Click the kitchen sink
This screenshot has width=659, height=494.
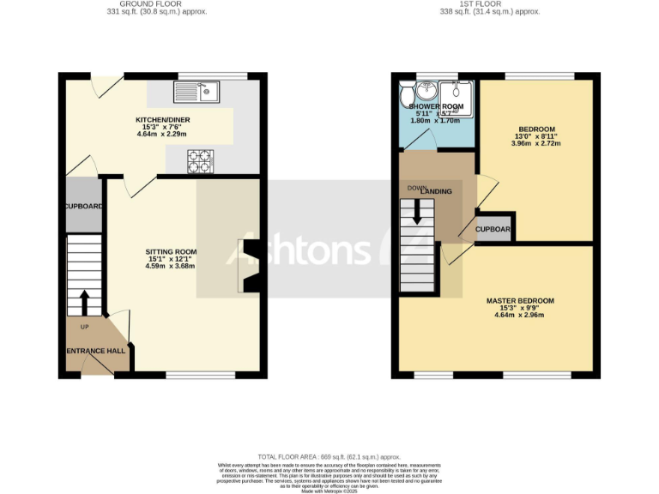pyautogui.click(x=196, y=88)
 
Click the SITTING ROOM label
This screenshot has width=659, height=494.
pyautogui.click(x=170, y=251)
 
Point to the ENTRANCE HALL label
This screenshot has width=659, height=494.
pyautogui.click(x=96, y=352)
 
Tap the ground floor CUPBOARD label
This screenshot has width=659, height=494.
pyautogui.click(x=83, y=207)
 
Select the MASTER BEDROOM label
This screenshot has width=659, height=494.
pyautogui.click(x=520, y=301)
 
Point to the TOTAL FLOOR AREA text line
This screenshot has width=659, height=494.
pyautogui.click(x=329, y=457)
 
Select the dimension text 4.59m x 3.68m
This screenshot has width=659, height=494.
pyautogui.click(x=170, y=267)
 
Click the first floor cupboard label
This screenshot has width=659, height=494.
pyautogui.click(x=493, y=230)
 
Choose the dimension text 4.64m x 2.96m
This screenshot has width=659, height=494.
pyautogui.click(x=520, y=316)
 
